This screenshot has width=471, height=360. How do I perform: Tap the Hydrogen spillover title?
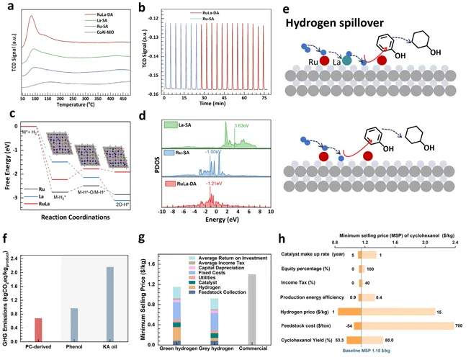tap(325, 22)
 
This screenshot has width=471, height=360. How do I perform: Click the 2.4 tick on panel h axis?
tap(455, 242)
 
